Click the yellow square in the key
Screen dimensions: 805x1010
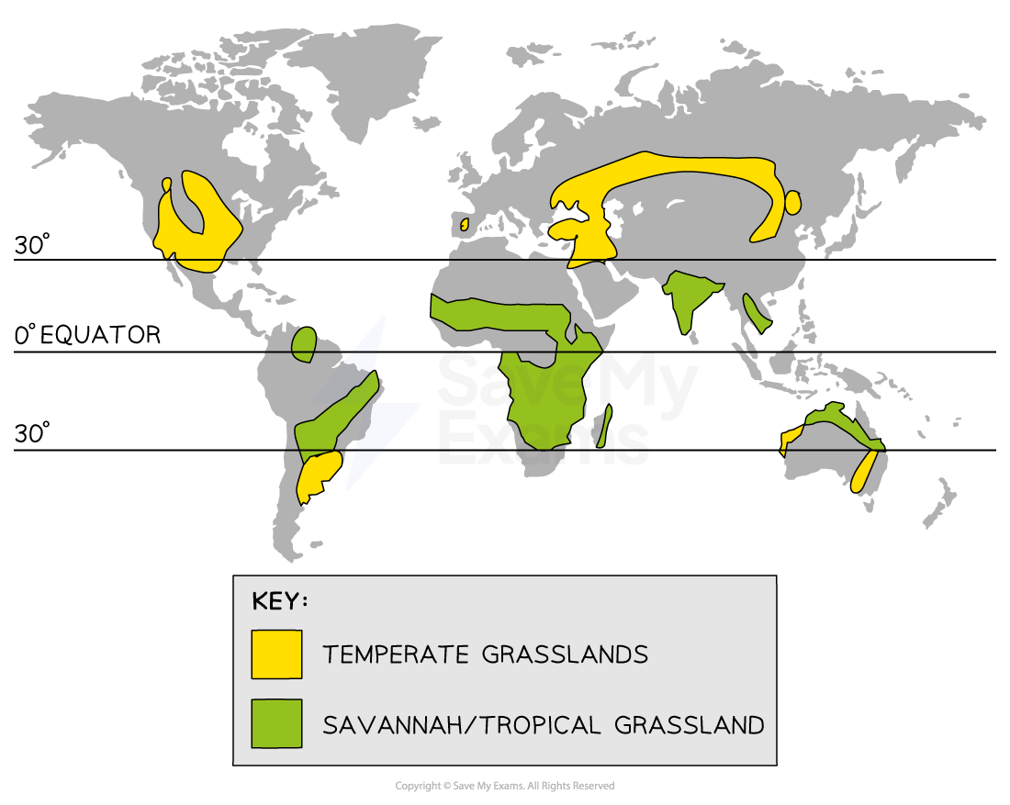[x=276, y=654]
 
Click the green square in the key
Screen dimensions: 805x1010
[x=276, y=723]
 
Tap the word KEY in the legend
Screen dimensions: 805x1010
[x=279, y=602]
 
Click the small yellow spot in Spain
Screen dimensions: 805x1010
[x=465, y=224]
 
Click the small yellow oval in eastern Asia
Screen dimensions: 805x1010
[x=792, y=203]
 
